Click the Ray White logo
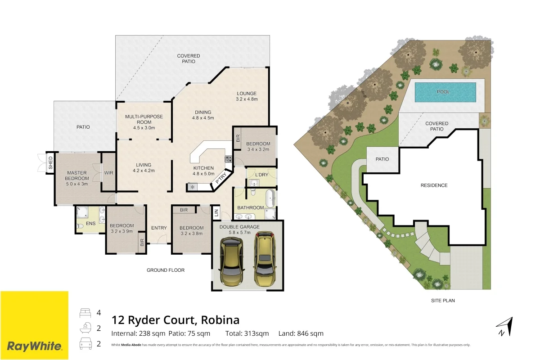[34, 325]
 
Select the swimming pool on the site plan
[445, 92]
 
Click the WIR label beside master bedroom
[108, 172]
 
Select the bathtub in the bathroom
[270, 198]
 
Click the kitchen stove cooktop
[228, 159]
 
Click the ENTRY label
[159, 228]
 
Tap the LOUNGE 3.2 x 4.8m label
[247, 96]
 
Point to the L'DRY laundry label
[261, 175]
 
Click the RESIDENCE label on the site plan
[434, 185]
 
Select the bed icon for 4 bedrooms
[85, 312]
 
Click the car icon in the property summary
[85, 344]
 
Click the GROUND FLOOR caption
[166, 270]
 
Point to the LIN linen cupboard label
[216, 212]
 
